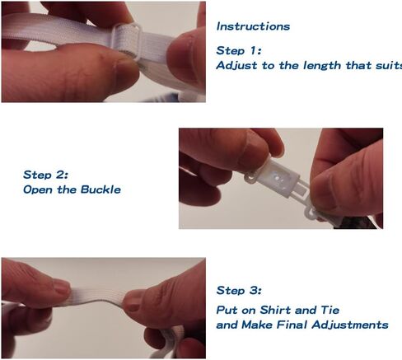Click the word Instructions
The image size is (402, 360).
(253, 26)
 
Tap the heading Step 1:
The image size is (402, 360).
(239, 50)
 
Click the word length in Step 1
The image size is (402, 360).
(322, 66)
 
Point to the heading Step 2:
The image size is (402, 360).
(45, 175)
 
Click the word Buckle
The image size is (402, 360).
(100, 189)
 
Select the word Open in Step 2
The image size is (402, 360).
(38, 190)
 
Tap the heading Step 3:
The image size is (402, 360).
(239, 290)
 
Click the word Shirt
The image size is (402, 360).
(275, 310)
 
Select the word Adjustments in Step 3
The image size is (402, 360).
(350, 325)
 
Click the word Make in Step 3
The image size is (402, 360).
(257, 325)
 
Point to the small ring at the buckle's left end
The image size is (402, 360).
(250, 178)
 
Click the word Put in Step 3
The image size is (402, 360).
(227, 310)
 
